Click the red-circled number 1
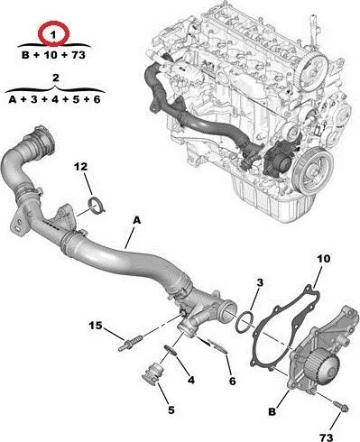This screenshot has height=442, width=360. tap(53, 35)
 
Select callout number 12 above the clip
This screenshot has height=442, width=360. tap(80, 167)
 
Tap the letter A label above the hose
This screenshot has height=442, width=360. tap(137, 221)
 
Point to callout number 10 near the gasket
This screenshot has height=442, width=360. tap(324, 259)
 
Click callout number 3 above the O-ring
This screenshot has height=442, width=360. tap(260, 282)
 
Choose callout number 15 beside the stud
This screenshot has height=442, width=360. tap(96, 326)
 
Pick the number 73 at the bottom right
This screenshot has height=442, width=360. tap(327, 437)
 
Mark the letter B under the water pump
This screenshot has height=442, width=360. tap(272, 411)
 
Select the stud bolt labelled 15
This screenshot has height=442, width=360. tap(131, 344)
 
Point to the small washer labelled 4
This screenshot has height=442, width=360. tap(171, 350)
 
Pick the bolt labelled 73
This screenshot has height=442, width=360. tap(340, 406)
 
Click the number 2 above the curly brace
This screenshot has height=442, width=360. tap(56, 78)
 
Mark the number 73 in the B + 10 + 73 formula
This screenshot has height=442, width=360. tap(78, 55)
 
